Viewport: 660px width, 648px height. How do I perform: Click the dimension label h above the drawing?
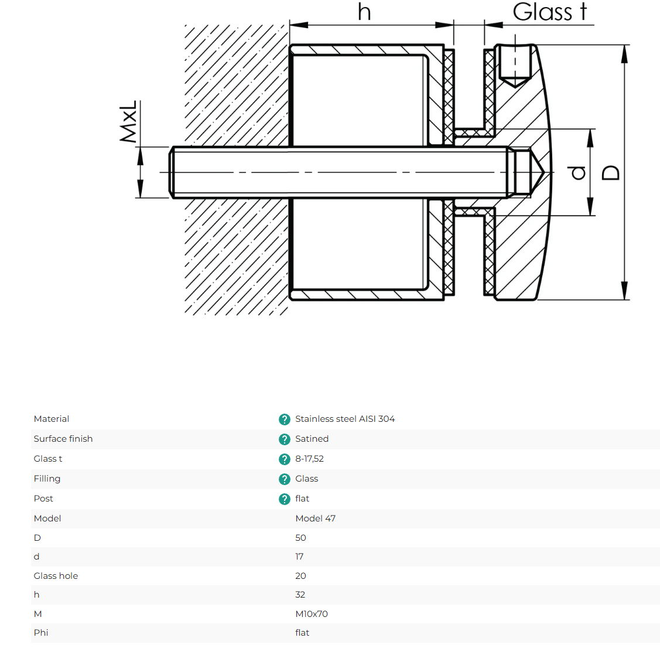point(364,12)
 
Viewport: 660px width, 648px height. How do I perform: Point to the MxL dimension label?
point(128,122)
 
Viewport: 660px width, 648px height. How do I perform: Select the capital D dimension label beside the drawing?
point(611,173)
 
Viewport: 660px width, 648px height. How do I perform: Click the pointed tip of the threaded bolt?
point(545,172)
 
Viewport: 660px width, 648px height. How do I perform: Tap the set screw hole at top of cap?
point(515,65)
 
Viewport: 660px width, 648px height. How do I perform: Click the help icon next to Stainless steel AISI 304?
point(285,420)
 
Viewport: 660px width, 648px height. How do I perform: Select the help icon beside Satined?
point(285,439)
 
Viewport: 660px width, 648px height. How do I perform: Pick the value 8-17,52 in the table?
point(309,459)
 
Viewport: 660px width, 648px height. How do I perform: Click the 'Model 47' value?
point(315,519)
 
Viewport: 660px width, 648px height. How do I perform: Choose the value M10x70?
point(312,614)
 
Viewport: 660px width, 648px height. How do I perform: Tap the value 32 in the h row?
point(300,595)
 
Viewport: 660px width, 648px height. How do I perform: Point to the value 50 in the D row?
point(300,538)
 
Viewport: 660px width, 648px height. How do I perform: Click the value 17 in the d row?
point(299,557)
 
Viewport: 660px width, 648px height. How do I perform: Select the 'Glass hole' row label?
point(56,575)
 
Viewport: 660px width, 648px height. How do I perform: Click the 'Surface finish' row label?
point(63,439)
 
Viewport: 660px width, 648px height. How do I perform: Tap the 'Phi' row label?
point(41,632)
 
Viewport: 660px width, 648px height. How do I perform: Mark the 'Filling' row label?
point(47,479)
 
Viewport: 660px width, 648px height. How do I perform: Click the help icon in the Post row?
point(285,499)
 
